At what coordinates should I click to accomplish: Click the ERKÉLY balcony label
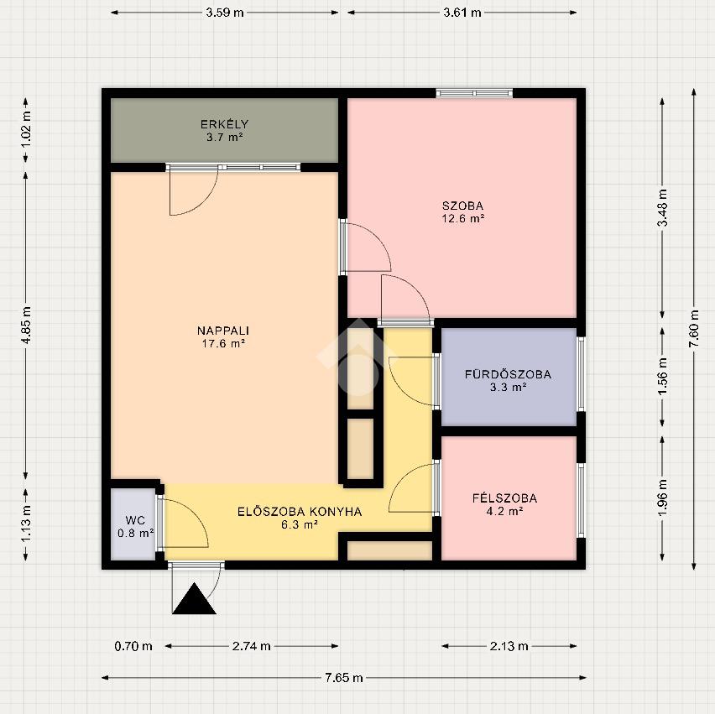coord(224,130)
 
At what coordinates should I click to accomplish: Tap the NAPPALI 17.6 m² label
coord(223,337)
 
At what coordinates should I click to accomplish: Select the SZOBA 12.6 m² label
coord(463,212)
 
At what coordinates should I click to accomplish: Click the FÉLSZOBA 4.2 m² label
coord(505,504)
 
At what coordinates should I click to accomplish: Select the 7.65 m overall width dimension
coord(344,678)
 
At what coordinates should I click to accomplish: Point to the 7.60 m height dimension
coord(693,329)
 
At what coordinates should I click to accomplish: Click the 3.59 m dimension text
coord(224,13)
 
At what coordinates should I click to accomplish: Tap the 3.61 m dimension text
coord(462,13)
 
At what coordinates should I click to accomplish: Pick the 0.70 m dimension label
coord(133,646)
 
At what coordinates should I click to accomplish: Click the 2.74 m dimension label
coord(251,646)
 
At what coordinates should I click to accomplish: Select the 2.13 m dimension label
coord(509,646)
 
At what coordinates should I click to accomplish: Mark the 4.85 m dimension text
coord(26,325)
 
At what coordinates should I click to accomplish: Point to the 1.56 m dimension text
coord(662,377)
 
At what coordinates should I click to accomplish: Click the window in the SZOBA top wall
coord(474,93)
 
